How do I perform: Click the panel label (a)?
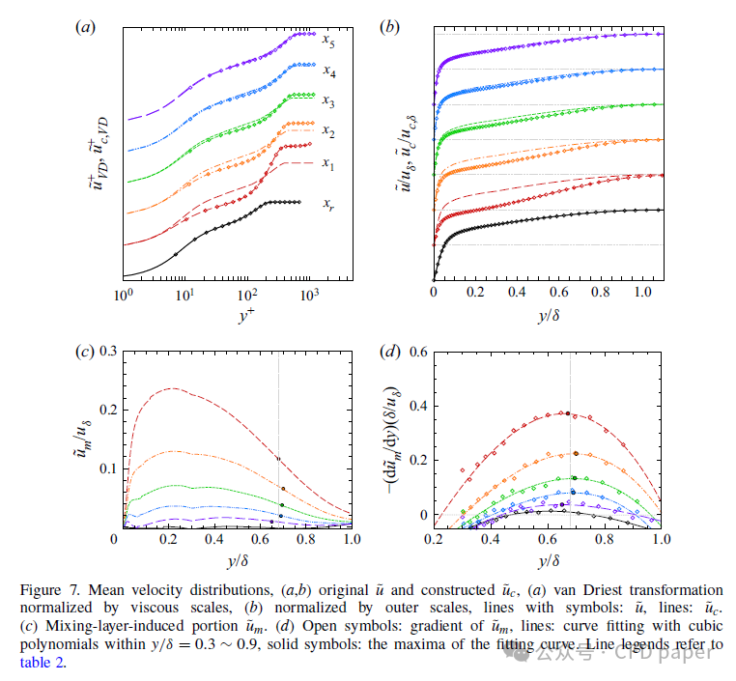click(x=85, y=27)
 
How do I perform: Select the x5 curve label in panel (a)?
click(x=329, y=42)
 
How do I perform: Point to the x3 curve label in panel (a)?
click(x=328, y=100)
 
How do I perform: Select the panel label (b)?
click(x=390, y=27)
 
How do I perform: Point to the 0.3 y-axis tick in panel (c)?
click(x=101, y=352)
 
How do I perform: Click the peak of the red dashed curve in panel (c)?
click(x=173, y=388)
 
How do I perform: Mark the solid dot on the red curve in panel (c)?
click(x=278, y=459)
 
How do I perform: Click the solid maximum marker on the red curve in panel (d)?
click(x=568, y=413)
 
